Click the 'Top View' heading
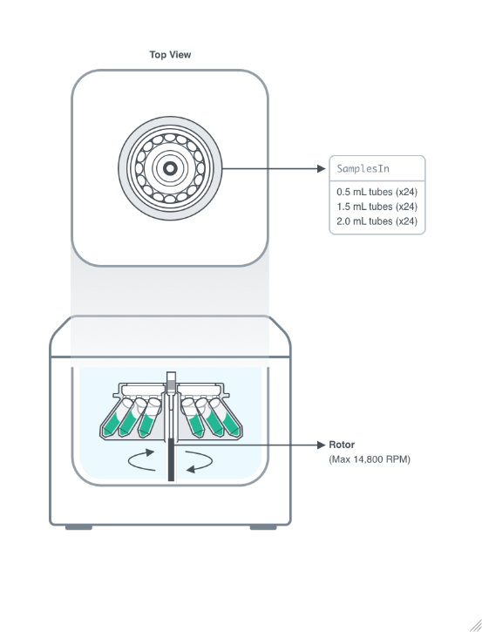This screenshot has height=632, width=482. (170, 55)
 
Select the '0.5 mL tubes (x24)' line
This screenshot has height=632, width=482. (377, 192)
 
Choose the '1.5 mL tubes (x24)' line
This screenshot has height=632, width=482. (377, 207)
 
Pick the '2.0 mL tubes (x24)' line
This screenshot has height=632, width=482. (377, 221)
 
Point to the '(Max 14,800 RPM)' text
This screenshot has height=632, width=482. (369, 459)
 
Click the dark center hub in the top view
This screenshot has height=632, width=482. (170, 167)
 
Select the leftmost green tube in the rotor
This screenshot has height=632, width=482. (112, 422)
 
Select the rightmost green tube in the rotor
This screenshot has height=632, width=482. (231, 422)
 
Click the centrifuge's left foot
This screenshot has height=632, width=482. (78, 527)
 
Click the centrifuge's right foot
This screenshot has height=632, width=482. (263, 527)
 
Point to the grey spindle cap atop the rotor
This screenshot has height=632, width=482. (171, 380)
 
